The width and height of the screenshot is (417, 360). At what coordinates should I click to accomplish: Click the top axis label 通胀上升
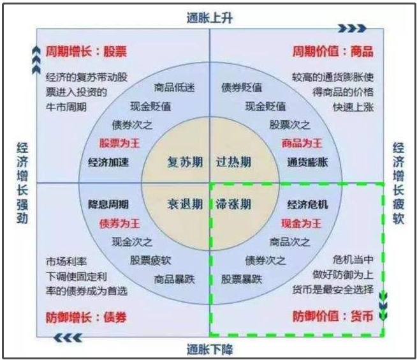click(x=209, y=18)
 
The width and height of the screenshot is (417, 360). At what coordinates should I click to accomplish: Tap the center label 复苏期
click(x=185, y=161)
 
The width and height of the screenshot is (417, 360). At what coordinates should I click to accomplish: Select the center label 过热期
click(x=233, y=161)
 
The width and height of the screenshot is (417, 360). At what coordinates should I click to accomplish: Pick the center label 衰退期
click(x=185, y=204)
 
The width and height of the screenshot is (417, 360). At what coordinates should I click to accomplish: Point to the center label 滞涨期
click(x=233, y=204)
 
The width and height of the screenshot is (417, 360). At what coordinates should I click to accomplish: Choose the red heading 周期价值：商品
click(x=332, y=51)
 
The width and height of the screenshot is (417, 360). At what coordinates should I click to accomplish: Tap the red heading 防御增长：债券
click(x=86, y=317)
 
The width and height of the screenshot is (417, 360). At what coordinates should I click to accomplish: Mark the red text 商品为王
click(x=302, y=143)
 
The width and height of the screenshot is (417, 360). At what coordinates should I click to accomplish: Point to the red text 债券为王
click(x=119, y=223)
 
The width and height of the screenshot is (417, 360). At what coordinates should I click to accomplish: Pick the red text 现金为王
click(x=302, y=223)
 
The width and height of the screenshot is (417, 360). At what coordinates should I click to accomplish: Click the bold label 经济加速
click(x=108, y=161)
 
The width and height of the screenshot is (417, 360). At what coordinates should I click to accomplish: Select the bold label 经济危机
click(x=308, y=205)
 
